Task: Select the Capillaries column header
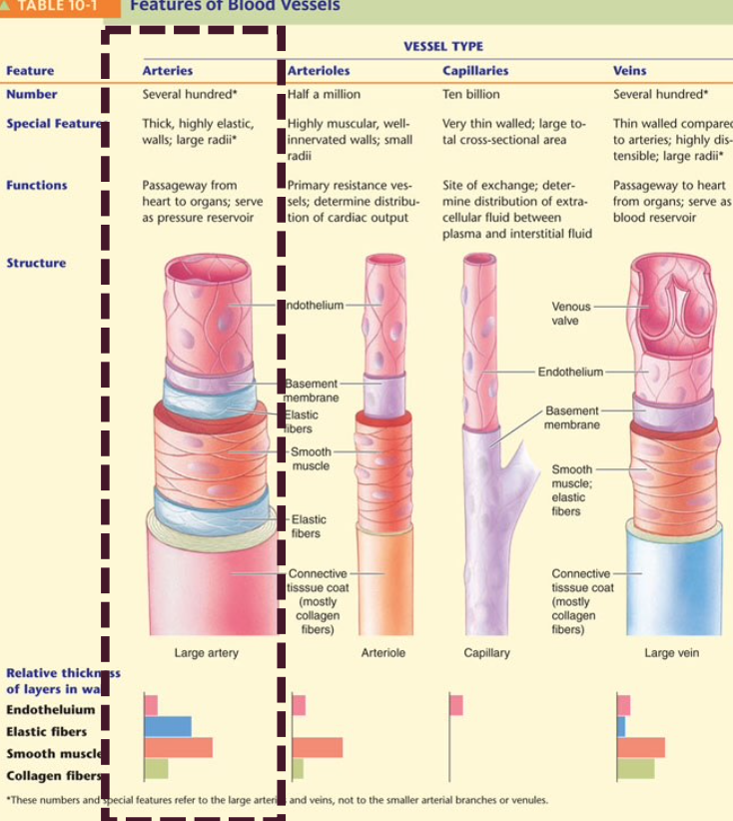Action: tap(474, 71)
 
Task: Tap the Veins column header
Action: tap(629, 71)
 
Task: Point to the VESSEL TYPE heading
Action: tap(442, 46)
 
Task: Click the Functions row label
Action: tap(37, 185)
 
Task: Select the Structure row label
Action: tap(36, 263)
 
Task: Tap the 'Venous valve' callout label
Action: tap(571, 313)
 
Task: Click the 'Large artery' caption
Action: tap(207, 652)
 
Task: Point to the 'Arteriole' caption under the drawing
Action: tap(382, 652)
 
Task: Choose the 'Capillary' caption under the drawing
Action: tap(486, 652)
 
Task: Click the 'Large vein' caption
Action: tap(672, 652)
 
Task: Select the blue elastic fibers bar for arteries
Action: tap(167, 727)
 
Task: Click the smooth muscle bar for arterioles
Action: tap(317, 747)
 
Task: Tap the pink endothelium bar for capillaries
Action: tap(456, 706)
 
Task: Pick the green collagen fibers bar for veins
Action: tap(636, 768)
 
